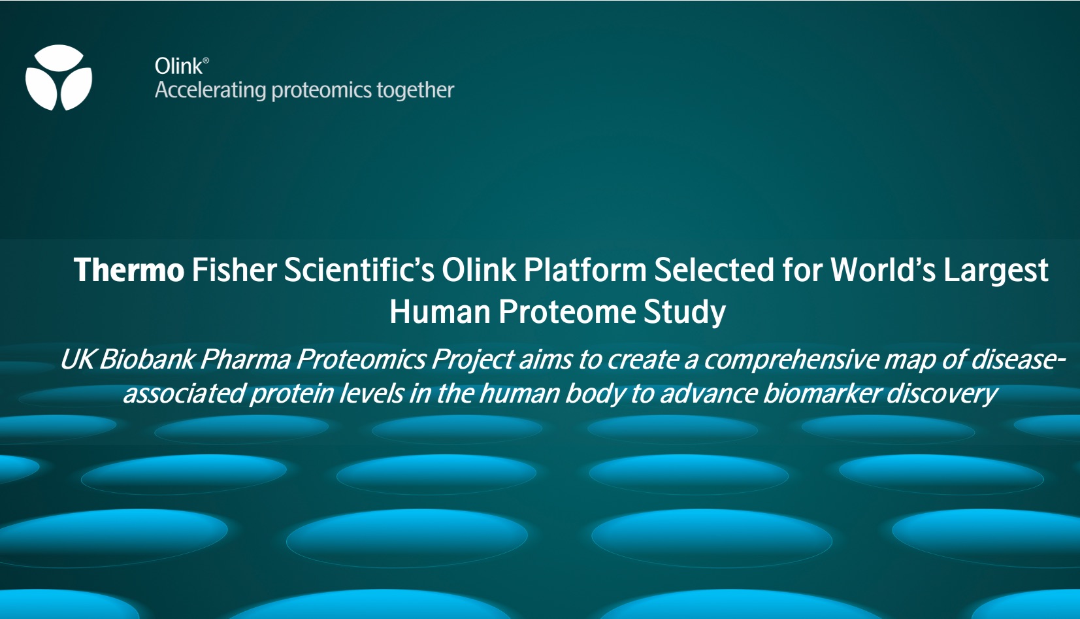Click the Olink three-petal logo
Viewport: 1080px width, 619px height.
coord(59,78)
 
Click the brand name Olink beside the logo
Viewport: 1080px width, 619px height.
coord(178,66)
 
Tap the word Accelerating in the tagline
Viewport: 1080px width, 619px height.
coord(210,90)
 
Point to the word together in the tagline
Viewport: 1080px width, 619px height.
coord(415,90)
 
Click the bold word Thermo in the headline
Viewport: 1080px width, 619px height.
coord(129,270)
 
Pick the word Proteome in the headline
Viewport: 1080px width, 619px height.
coord(567,312)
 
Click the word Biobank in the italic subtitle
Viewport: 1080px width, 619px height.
coord(147,360)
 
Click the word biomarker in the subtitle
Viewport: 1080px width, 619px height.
coord(822,393)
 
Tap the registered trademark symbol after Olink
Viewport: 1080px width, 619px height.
coord(206,60)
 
